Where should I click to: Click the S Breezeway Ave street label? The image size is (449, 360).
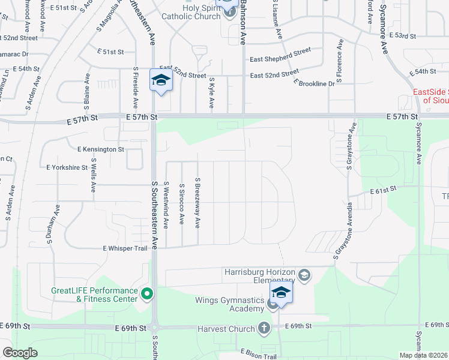(197, 202)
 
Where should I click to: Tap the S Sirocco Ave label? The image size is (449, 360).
(181, 205)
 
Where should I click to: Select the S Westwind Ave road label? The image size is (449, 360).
(166, 205)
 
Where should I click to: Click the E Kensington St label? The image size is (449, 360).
(100, 148)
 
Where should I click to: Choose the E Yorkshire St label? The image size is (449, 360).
(70, 167)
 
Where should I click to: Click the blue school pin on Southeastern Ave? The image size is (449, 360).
(161, 81)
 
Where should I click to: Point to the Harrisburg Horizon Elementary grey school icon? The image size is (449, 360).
(304, 275)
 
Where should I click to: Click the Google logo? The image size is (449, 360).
(20, 353)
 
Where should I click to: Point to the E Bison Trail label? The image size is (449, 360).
(260, 354)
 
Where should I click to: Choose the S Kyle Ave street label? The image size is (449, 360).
(211, 92)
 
